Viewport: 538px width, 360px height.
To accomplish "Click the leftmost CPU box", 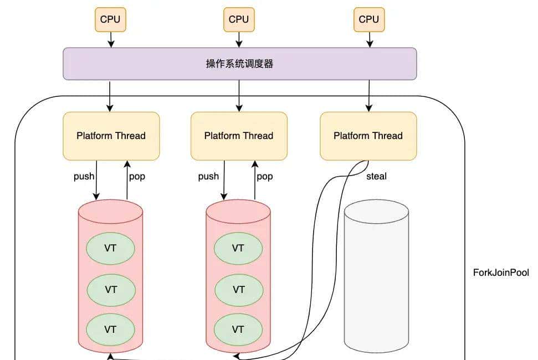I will click(x=111, y=19).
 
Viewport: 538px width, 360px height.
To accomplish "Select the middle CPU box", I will click(x=239, y=19).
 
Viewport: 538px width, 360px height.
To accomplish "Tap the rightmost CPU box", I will click(x=368, y=19).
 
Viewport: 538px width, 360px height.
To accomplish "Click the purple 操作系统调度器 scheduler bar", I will click(x=239, y=64).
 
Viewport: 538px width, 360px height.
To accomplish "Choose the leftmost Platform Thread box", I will click(x=111, y=136).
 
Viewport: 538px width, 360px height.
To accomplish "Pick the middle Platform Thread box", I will click(x=239, y=136).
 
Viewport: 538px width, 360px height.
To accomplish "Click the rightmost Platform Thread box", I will click(x=368, y=136).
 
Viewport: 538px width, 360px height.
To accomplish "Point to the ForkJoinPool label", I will click(x=500, y=272).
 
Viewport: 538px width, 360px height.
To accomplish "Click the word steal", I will click(x=376, y=177).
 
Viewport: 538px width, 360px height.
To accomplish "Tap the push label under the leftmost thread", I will click(x=84, y=177).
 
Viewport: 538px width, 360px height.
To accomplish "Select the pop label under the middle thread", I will click(x=264, y=177).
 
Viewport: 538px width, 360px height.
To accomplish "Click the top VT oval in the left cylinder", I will click(x=111, y=248).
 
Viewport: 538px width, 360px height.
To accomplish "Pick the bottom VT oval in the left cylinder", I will click(x=111, y=329).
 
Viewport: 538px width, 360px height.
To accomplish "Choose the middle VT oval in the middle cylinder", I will click(x=238, y=289).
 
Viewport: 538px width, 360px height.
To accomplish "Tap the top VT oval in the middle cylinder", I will click(x=238, y=248).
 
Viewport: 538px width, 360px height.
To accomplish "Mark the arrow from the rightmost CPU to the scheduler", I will click(x=369, y=39).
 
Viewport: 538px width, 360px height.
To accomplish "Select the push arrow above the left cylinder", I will click(x=96, y=180).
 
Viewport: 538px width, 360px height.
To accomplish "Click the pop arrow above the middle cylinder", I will click(x=255, y=180).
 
